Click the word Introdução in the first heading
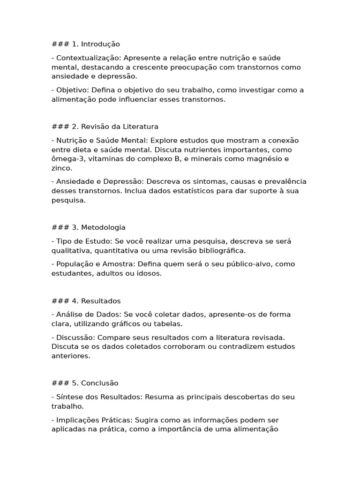tap(100, 44)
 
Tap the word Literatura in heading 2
tap(141, 127)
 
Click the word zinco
tap(61, 168)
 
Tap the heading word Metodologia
tap(103, 227)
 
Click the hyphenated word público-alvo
tap(251, 264)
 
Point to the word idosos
tap(150, 273)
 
